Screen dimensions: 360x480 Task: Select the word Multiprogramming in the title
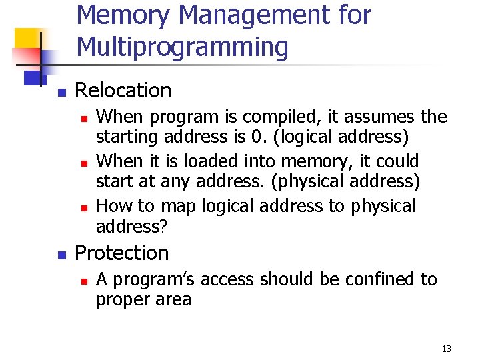tap(183, 47)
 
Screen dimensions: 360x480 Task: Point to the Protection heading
tap(122, 253)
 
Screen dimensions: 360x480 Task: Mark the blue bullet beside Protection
tap(61, 255)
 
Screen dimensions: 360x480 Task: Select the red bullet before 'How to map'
tap(83, 207)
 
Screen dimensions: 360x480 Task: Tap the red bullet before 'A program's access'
tap(83, 281)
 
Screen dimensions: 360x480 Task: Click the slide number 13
tap(446, 349)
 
